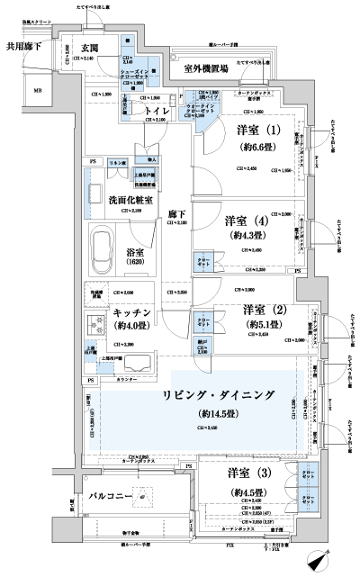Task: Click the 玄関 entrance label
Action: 89,48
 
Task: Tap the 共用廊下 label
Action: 25,46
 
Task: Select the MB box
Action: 38,90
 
